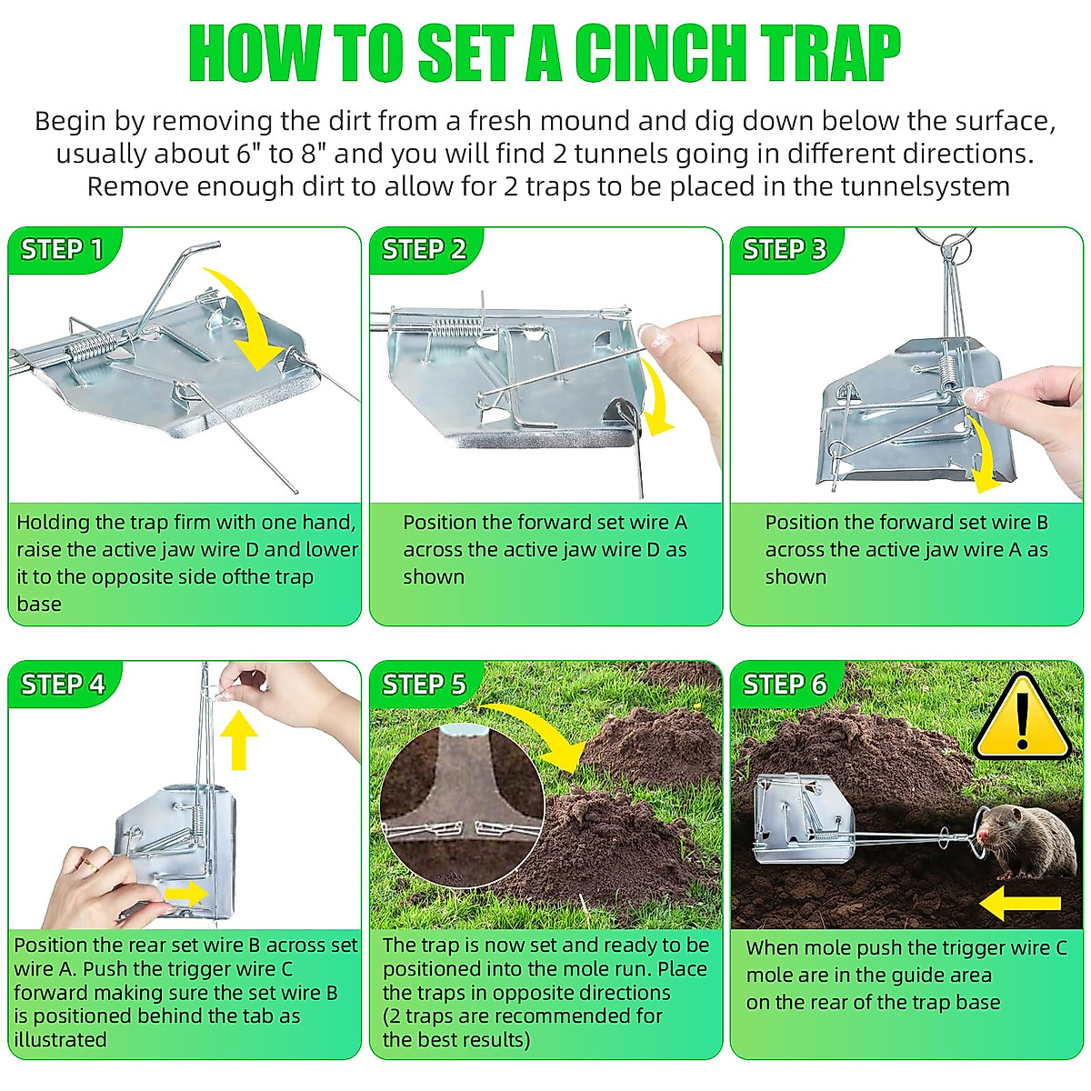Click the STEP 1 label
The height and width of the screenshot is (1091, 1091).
62,249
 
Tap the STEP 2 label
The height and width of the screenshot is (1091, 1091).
424,249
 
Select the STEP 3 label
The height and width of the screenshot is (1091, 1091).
785,249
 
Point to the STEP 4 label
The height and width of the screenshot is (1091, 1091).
63,684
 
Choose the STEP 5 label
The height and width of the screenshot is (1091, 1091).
424,684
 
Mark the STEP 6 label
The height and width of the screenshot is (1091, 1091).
785,684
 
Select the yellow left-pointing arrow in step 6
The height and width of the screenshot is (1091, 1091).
1019,903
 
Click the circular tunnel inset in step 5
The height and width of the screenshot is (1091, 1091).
461,805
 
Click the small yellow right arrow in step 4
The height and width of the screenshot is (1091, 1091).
186,894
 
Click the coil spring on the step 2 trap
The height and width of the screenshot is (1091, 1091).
459,326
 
